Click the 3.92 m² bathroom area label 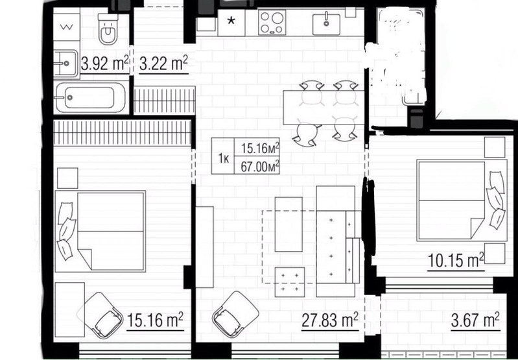104,63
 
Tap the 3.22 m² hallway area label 163,63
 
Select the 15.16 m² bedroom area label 155,320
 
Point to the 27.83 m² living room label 330,320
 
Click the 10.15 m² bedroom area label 456,260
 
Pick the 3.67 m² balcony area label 475,320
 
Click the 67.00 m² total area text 261,167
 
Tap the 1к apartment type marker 224,159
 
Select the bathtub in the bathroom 91,97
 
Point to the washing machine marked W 66,27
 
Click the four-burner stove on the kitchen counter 272,22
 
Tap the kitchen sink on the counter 326,24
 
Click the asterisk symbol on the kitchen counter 231,21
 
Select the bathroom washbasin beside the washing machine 65,63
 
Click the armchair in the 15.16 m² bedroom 100,315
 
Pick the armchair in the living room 235,314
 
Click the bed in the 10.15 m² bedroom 462,200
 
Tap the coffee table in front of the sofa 288,224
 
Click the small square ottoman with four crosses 290,282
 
